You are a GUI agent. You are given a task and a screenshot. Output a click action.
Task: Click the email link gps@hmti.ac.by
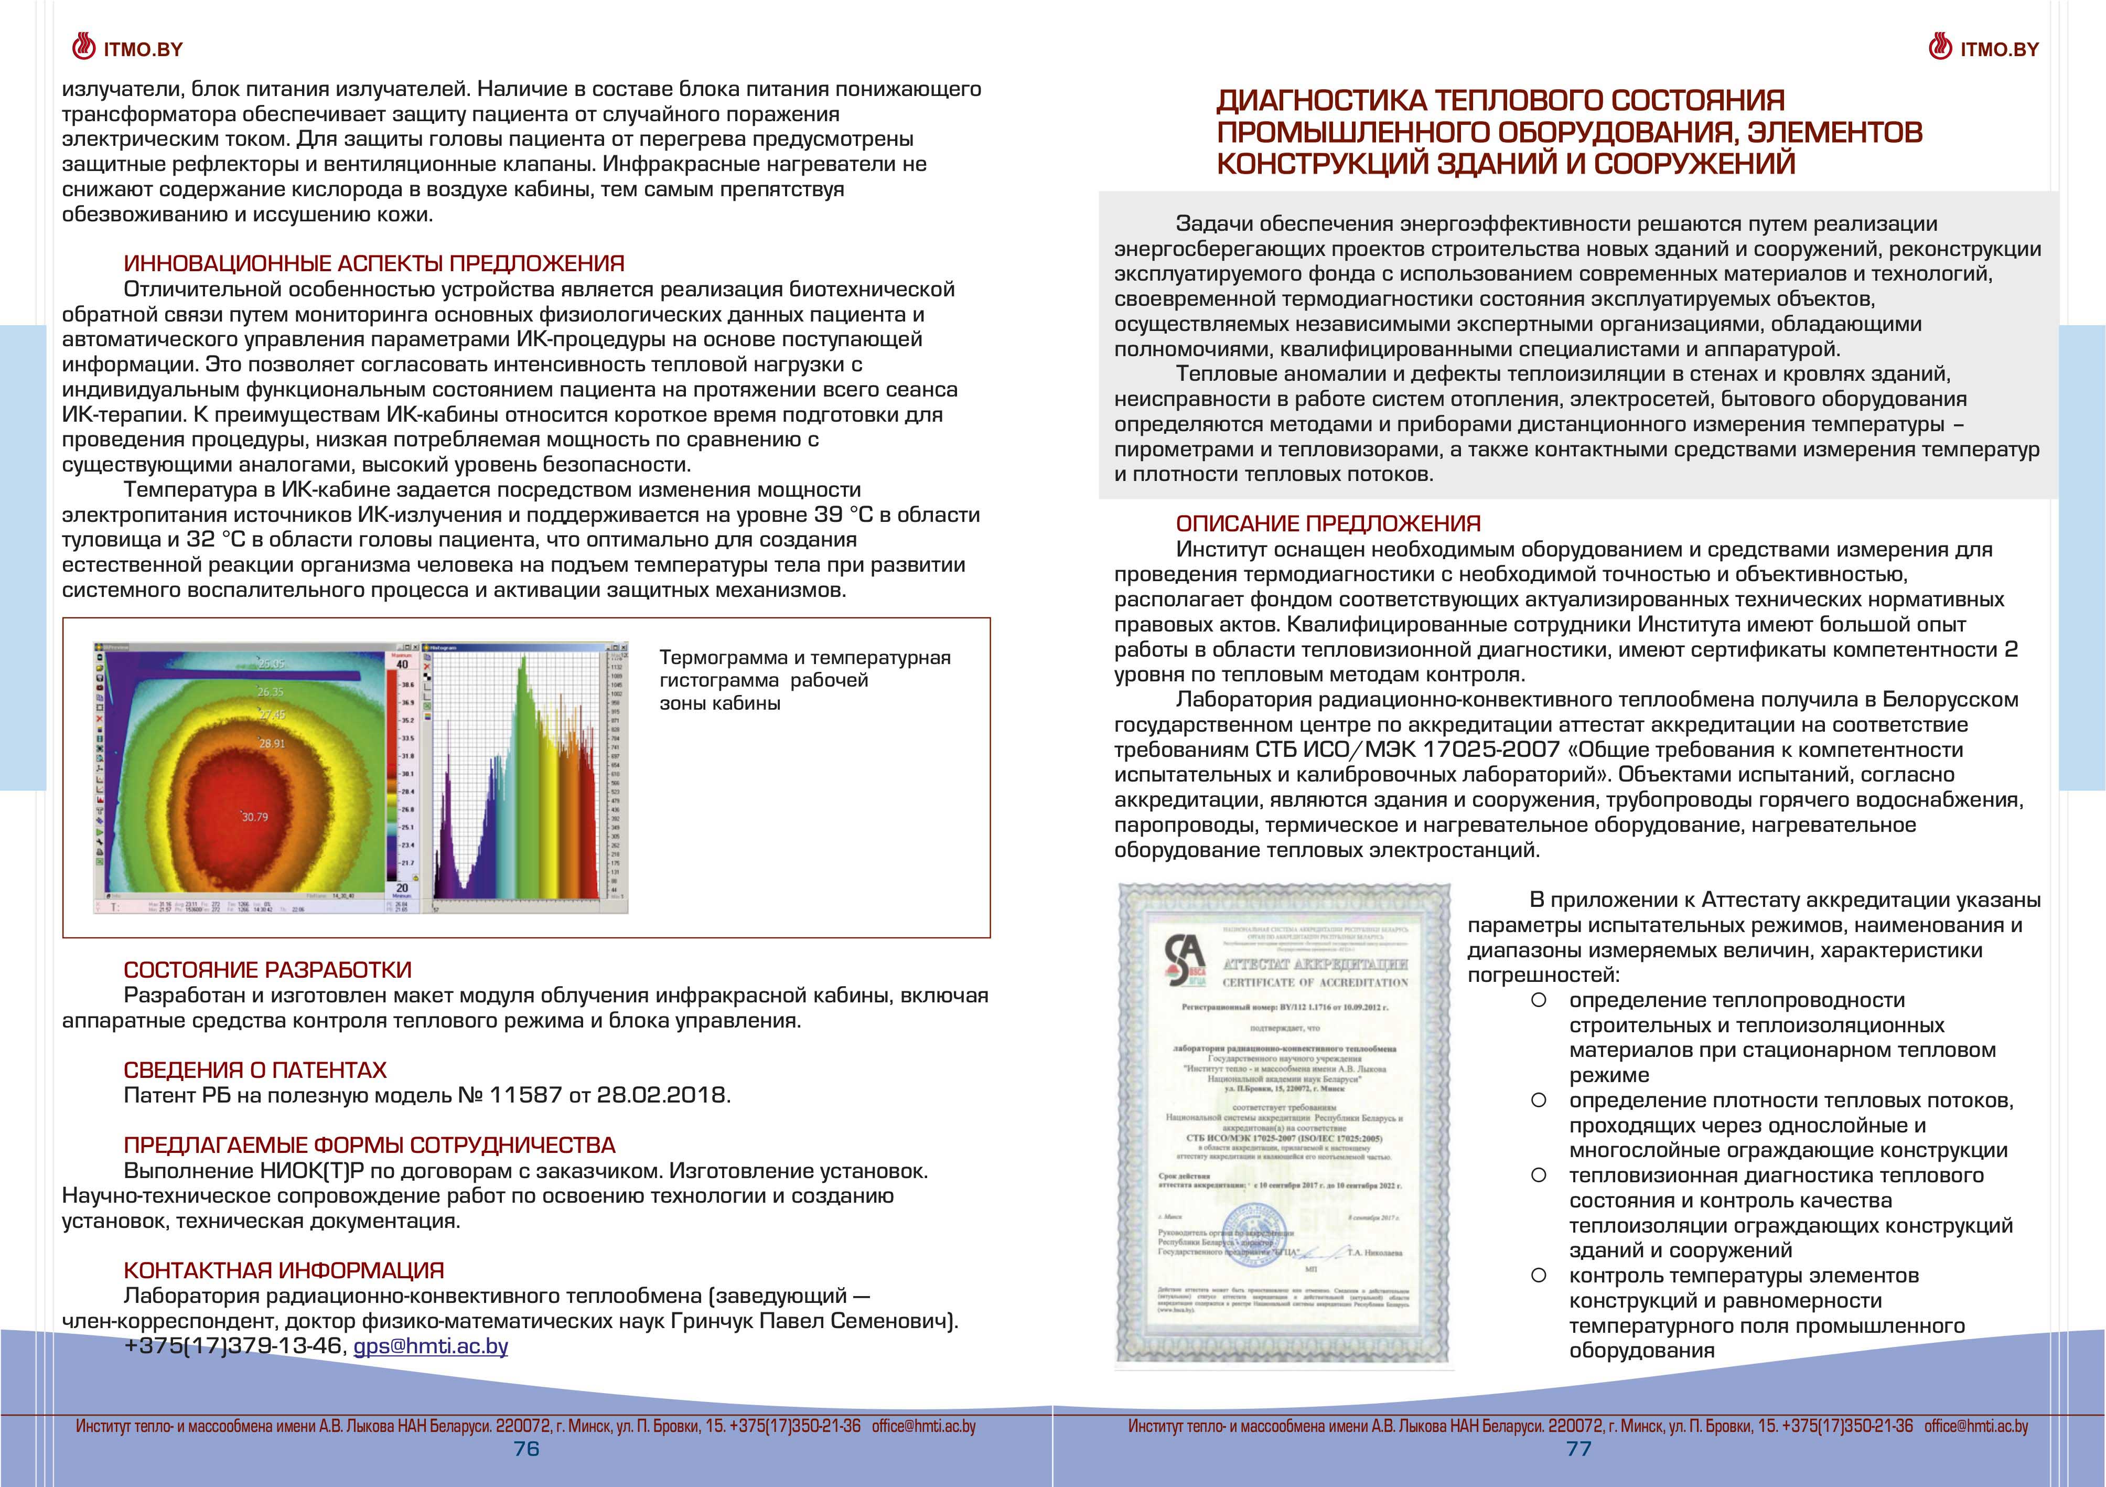click(x=430, y=1346)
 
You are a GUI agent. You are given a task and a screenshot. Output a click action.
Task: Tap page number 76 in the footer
click(x=526, y=1449)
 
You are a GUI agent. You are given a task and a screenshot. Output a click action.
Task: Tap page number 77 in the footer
click(x=1578, y=1449)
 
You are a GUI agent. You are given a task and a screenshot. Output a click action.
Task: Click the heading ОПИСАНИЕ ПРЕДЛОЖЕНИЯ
click(x=1328, y=524)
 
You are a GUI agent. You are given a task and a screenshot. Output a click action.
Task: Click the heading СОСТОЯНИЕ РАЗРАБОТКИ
click(x=267, y=970)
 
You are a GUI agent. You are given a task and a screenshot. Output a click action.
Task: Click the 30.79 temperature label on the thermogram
click(x=254, y=817)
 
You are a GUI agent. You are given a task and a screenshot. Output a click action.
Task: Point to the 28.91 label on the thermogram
click(x=272, y=743)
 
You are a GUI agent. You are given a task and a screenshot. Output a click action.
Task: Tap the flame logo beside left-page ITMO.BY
click(x=84, y=47)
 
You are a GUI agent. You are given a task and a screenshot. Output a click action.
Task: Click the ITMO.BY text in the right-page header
click(x=2000, y=49)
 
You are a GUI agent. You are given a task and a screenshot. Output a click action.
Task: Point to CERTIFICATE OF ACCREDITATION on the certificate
click(x=1315, y=982)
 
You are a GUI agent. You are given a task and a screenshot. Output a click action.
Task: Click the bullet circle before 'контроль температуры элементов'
click(x=1539, y=1275)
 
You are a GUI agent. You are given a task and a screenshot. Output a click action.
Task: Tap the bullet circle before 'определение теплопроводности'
click(x=1539, y=1000)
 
